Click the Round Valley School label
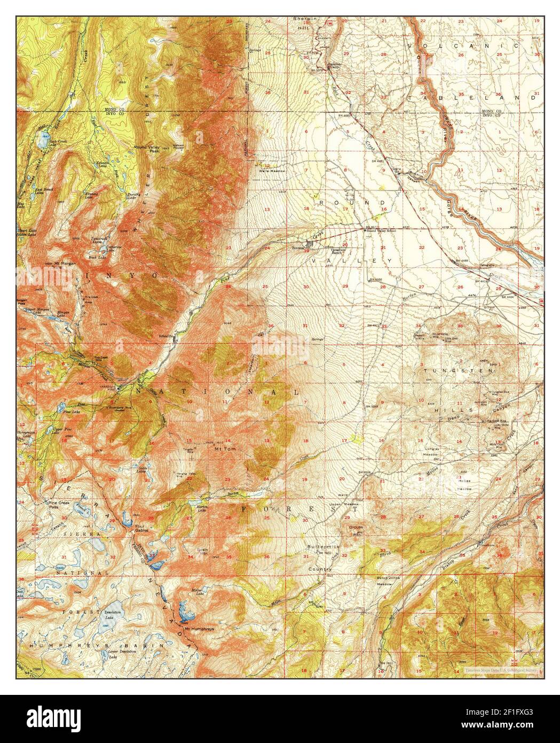pyautogui.click(x=381, y=230)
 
